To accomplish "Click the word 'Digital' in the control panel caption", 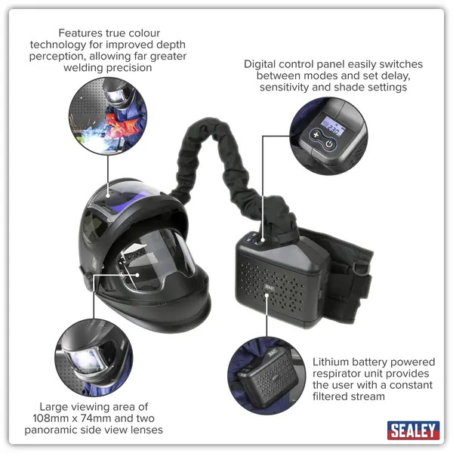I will click(x=262, y=64).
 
